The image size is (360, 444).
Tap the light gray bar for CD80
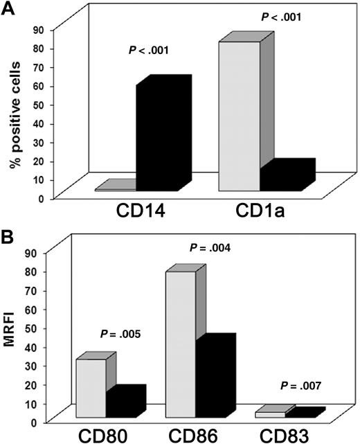pyautogui.click(x=91, y=388)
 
